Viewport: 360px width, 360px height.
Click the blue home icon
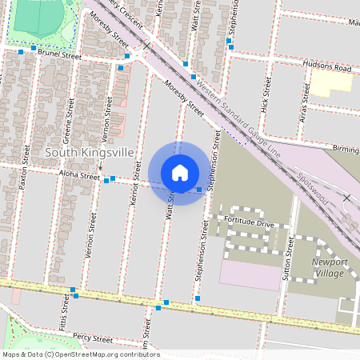coord(180,173)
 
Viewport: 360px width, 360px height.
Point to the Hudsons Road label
coord(326,68)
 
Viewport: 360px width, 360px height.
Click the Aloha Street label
coord(78,174)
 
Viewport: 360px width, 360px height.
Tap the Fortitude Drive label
coord(249,222)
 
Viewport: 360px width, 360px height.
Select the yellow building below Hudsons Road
coord(331,83)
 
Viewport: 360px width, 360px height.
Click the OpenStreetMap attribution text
coord(70,354)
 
